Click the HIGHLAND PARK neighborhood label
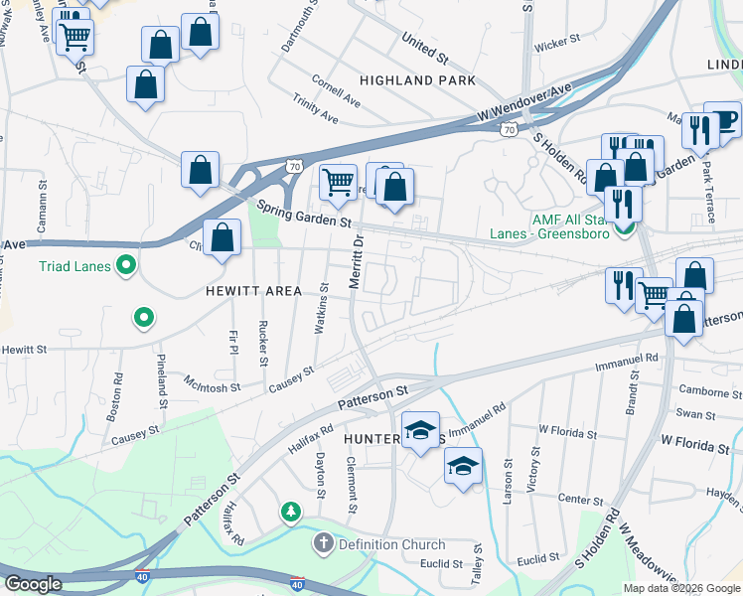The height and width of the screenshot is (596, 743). (x=417, y=79)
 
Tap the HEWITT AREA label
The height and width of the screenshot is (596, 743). (x=253, y=291)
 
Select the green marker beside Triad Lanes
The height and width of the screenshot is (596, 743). (x=126, y=265)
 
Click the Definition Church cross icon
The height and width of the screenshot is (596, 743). (x=323, y=543)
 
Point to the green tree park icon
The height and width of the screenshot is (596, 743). (x=290, y=512)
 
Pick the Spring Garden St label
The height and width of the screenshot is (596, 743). (x=304, y=215)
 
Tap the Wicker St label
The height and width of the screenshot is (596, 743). (x=556, y=43)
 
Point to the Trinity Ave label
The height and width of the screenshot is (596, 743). (x=316, y=109)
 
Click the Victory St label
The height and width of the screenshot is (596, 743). (x=535, y=471)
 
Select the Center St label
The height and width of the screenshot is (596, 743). (x=581, y=499)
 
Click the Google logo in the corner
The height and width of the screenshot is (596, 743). (x=33, y=584)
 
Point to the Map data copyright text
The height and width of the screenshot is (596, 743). (x=680, y=588)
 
